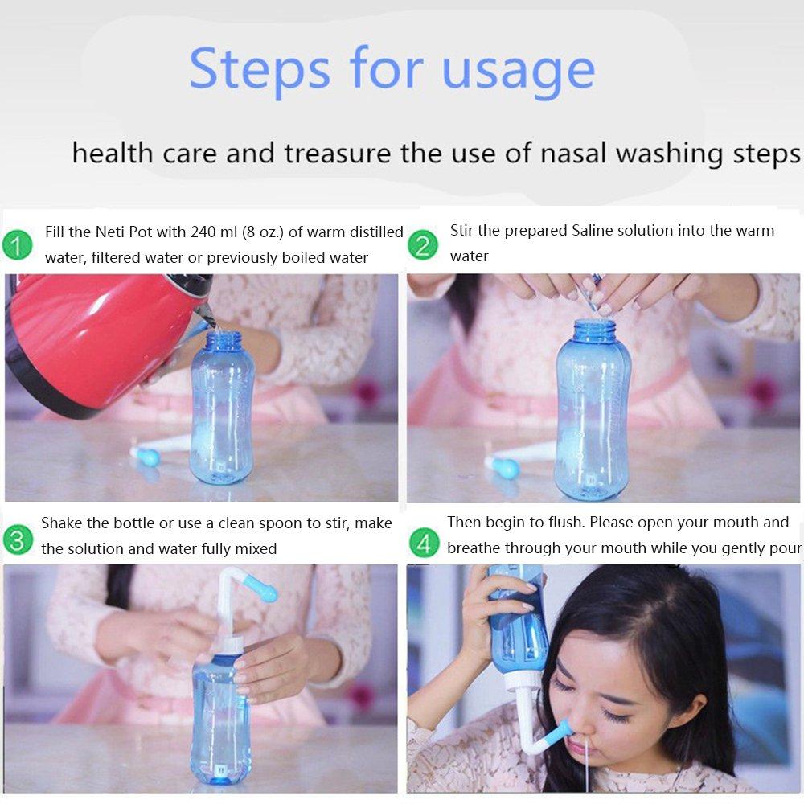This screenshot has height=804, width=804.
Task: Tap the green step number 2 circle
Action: [x=423, y=244]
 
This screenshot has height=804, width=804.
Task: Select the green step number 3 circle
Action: [x=17, y=539]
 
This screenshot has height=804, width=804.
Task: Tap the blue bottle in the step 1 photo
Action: [x=221, y=410]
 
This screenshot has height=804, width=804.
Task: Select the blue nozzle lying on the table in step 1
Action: [x=146, y=456]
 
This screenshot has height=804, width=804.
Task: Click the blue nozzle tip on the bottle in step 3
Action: [x=264, y=593]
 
